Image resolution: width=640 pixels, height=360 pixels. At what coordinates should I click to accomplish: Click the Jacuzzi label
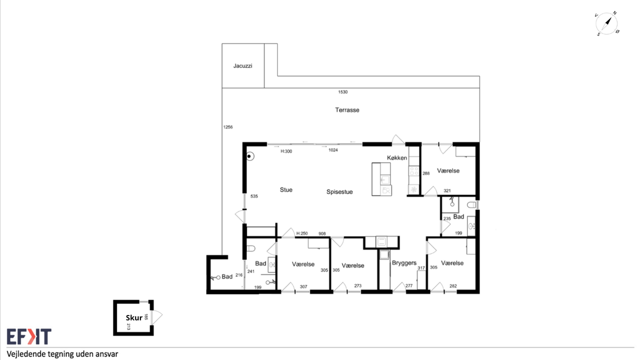pyautogui.click(x=243, y=66)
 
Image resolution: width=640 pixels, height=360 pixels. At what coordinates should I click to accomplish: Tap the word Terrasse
pyautogui.click(x=347, y=110)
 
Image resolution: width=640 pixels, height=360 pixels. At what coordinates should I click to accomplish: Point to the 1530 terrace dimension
pyautogui.click(x=343, y=92)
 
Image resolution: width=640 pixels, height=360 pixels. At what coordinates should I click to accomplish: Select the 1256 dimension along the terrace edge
pyautogui.click(x=228, y=127)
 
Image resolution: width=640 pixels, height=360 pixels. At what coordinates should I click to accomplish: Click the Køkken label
pyautogui.click(x=397, y=157)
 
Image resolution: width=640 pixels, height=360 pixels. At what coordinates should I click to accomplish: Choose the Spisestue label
pyautogui.click(x=339, y=191)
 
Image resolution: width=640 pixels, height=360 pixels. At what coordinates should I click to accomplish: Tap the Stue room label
pyautogui.click(x=286, y=189)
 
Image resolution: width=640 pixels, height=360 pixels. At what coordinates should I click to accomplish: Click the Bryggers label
pyautogui.click(x=404, y=263)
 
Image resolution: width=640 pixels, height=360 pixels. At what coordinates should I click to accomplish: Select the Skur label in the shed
pyautogui.click(x=134, y=317)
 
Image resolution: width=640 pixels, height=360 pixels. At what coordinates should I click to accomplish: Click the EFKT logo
pyautogui.click(x=29, y=336)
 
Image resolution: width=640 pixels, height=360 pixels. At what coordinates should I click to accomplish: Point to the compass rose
pyautogui.click(x=606, y=23)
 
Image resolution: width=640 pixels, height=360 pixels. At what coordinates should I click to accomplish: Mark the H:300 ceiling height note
pyautogui.click(x=286, y=151)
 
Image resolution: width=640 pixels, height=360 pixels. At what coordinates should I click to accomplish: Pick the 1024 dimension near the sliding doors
pyautogui.click(x=333, y=150)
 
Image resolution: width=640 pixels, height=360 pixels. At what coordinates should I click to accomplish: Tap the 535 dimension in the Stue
pyautogui.click(x=254, y=196)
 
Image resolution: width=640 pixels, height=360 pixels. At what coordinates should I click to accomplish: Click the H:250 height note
pyautogui.click(x=302, y=233)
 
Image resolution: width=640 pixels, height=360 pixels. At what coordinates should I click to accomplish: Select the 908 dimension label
pyautogui.click(x=322, y=233)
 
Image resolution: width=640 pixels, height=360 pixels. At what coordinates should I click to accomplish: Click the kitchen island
pyautogui.click(x=381, y=179)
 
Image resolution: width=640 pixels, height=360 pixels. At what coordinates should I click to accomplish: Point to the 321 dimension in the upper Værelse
pyautogui.click(x=447, y=191)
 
